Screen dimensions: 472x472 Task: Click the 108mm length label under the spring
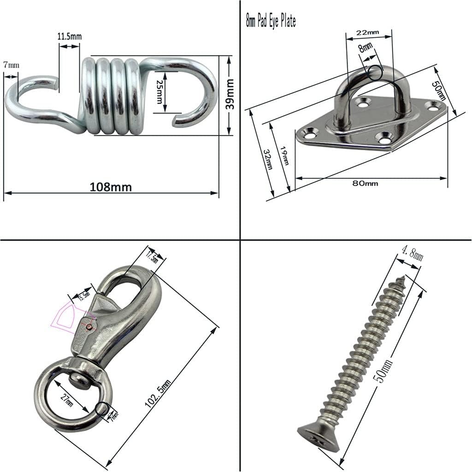click(x=111, y=187)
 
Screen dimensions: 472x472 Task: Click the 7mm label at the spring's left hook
click(x=11, y=65)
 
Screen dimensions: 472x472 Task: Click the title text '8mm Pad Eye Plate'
click(x=271, y=21)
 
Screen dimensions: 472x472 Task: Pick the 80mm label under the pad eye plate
click(x=365, y=183)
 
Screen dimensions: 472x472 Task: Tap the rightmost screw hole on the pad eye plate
click(x=433, y=106)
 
